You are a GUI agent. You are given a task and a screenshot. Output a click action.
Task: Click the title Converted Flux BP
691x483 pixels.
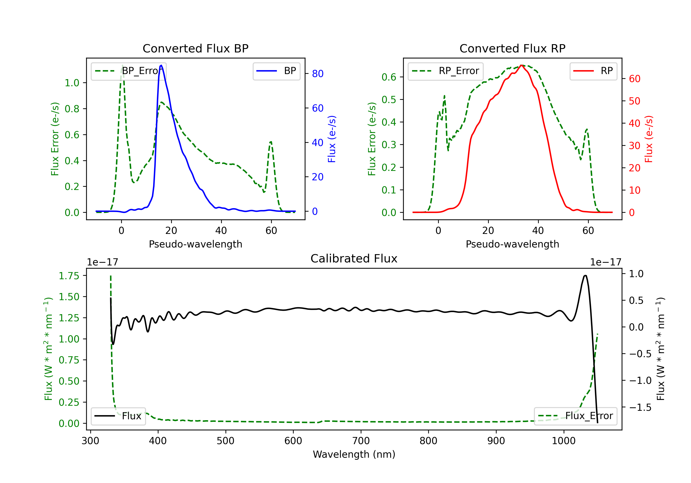[195, 48]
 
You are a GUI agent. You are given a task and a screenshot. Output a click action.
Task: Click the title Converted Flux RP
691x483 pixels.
[512, 48]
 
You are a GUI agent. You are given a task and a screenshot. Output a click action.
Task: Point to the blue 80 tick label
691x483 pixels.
[317, 74]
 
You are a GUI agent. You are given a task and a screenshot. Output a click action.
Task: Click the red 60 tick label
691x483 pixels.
[634, 79]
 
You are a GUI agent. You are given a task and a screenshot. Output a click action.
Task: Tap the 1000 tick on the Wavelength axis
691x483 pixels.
[563, 441]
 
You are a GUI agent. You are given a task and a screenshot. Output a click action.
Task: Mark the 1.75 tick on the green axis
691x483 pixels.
[69, 276]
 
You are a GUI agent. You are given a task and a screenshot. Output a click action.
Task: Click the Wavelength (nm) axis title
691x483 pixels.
[354, 454]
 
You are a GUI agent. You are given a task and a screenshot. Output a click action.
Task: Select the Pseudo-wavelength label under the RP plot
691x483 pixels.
[512, 244]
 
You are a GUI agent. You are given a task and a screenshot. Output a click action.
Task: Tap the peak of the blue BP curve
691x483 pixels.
[161, 65]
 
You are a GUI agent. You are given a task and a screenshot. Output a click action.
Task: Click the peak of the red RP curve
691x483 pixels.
[521, 65]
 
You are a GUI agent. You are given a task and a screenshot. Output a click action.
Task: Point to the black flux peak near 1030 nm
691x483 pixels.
[585, 275]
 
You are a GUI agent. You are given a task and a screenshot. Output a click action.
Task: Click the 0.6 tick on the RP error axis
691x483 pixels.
[389, 77]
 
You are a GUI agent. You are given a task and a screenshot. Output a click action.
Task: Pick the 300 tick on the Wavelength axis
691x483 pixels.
[90, 441]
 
